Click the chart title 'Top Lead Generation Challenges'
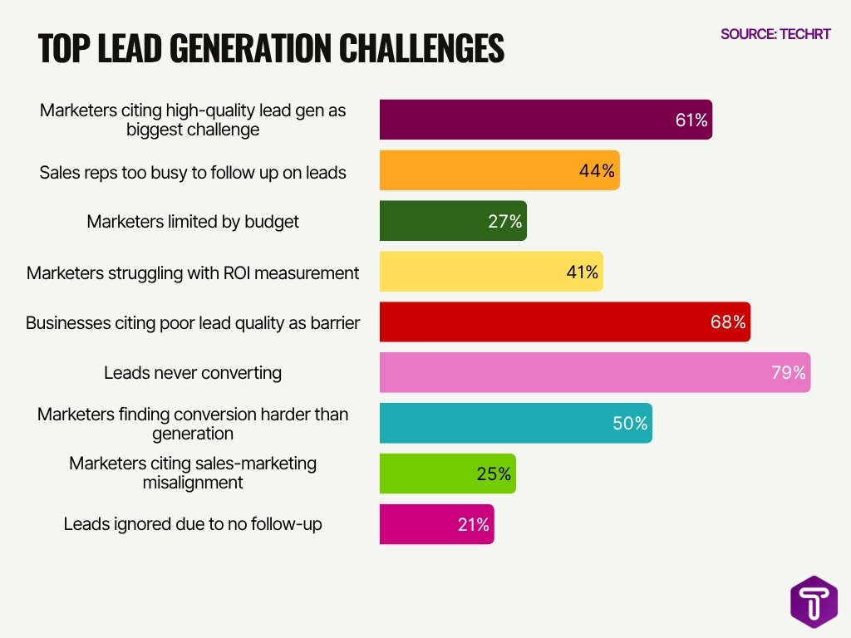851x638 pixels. pos(271,49)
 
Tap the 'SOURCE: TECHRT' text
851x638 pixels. pos(775,34)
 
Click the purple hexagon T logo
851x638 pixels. pos(814,601)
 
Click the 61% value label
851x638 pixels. pos(691,120)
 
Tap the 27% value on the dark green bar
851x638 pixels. pos(504,222)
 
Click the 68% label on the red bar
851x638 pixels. pos(728,322)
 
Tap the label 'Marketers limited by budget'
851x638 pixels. pos(193,222)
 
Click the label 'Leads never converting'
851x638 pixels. pos(193,373)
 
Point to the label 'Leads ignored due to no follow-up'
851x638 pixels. pos(193,524)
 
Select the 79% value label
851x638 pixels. pos(788,373)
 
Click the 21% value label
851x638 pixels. pos(472,525)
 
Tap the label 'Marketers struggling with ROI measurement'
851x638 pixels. pos(193,272)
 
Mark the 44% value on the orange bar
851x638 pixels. pos(597,171)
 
